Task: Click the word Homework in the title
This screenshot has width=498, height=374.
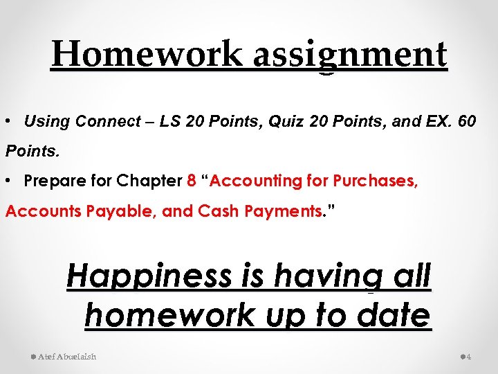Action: coord(147,54)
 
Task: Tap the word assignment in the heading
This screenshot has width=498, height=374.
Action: coord(350,54)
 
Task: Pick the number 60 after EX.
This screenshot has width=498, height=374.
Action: coord(467,122)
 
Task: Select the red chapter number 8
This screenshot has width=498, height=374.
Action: coord(192,181)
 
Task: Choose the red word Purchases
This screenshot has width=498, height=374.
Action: coord(376,181)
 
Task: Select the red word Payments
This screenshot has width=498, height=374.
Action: coord(284,211)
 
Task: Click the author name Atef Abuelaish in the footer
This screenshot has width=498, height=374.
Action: coord(67,357)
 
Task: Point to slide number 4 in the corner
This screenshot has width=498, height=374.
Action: coord(468,357)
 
